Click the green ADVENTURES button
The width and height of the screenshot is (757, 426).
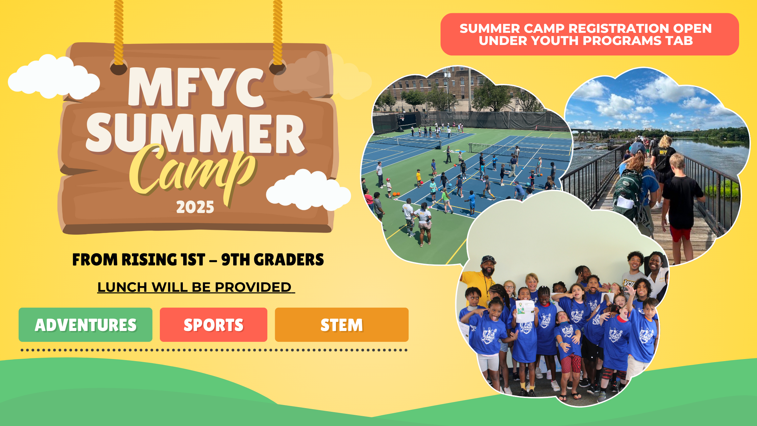[86, 325]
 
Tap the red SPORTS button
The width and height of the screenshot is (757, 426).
[214, 325]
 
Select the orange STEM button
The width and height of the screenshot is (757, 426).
[342, 325]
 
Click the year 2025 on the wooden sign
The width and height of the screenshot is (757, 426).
[195, 207]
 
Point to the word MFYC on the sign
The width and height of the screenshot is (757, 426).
[196, 88]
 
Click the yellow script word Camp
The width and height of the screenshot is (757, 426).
[193, 172]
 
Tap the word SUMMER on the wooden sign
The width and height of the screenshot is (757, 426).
[195, 134]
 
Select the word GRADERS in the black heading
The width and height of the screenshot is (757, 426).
[289, 260]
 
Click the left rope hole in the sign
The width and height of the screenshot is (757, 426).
[119, 68]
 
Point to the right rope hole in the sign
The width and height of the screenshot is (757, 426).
[277, 67]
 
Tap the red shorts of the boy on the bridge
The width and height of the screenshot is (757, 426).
[680, 233]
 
